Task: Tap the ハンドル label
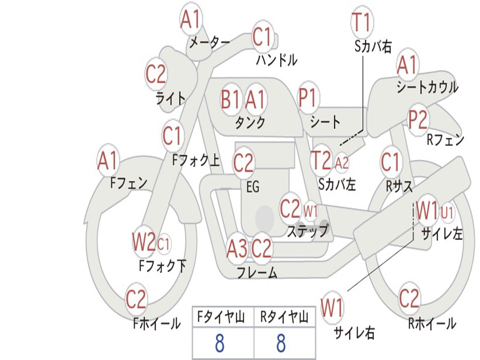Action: pos(277,60)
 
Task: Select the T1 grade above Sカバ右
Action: pos(361,22)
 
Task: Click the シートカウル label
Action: pos(427,87)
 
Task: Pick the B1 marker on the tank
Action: pos(231,99)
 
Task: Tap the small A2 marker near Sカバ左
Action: pos(342,163)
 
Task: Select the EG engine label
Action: pos(253,187)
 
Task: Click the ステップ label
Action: pos(307,231)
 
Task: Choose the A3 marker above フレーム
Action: pos(237,248)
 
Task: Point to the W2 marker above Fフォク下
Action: pos(143,242)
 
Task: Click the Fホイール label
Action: pos(157,323)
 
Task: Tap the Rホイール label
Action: pos(432,323)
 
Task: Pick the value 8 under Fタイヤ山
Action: pos(219,344)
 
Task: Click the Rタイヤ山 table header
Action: pos(284,317)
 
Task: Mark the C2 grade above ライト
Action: pos(156,75)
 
